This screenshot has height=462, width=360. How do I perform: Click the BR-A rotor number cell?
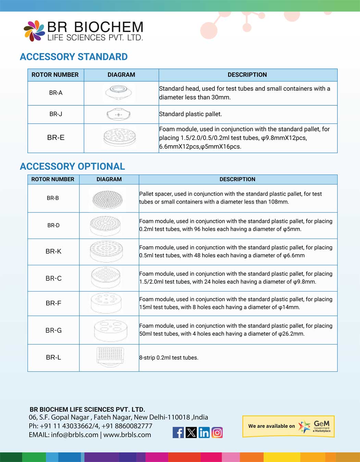pyautogui.click(x=56, y=93)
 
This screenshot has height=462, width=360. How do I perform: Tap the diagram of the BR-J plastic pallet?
pyautogui.click(x=119, y=114)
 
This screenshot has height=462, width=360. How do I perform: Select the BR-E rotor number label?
pyautogui.click(x=56, y=138)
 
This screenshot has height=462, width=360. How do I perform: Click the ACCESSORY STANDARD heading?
pyautogui.click(x=74, y=57)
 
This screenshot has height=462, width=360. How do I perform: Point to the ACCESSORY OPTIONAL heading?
pyautogui.click(x=72, y=166)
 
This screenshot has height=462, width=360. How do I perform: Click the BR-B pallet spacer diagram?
pyautogui.click(x=108, y=198)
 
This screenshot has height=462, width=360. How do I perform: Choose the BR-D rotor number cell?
pyautogui.click(x=53, y=225)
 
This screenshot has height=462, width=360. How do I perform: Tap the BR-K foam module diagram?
pyautogui.click(x=106, y=252)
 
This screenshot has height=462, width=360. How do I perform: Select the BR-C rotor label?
pyautogui.click(x=53, y=278)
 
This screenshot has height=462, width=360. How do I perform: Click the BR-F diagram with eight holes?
pyautogui.click(x=107, y=303)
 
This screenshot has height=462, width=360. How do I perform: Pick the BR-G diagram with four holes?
pyautogui.click(x=110, y=330)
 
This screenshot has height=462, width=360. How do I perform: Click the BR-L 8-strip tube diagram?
pyautogui.click(x=110, y=357)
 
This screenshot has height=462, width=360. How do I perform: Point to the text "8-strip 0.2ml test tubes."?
pyautogui.click(x=169, y=358)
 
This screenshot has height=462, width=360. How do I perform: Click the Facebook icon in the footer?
pyautogui.click(x=178, y=433)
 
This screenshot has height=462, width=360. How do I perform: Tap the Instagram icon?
pyautogui.click(x=217, y=433)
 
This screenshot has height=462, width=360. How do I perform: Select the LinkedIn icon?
pyautogui.click(x=204, y=433)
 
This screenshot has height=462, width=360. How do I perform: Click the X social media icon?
pyautogui.click(x=191, y=433)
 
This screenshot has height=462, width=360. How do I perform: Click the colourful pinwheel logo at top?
pyautogui.click(x=34, y=31)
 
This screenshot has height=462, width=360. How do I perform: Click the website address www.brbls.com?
pyautogui.click(x=127, y=435)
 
